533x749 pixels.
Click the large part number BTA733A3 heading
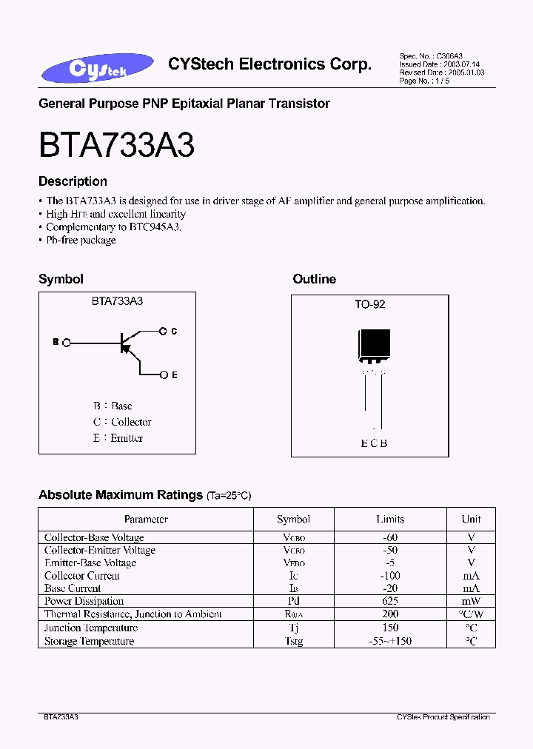click(x=116, y=144)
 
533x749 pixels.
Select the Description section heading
click(x=73, y=181)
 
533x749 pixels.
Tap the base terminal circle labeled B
click(x=67, y=343)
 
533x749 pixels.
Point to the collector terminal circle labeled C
click(x=164, y=332)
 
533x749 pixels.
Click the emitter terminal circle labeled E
click(x=164, y=375)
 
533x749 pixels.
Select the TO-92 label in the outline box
click(x=370, y=304)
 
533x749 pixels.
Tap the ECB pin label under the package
click(x=374, y=443)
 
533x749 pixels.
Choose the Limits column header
click(x=390, y=520)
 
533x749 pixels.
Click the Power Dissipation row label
click(x=84, y=601)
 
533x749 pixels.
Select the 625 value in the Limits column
click(x=390, y=601)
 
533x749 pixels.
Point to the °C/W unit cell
click(x=471, y=614)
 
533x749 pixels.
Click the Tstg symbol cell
click(x=293, y=641)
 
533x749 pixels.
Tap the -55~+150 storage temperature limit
click(x=390, y=641)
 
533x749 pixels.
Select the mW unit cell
click(x=471, y=601)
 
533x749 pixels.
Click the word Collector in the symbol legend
click(x=131, y=422)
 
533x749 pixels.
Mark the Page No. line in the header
click(x=424, y=81)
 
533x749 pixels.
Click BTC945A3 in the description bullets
click(x=155, y=227)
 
